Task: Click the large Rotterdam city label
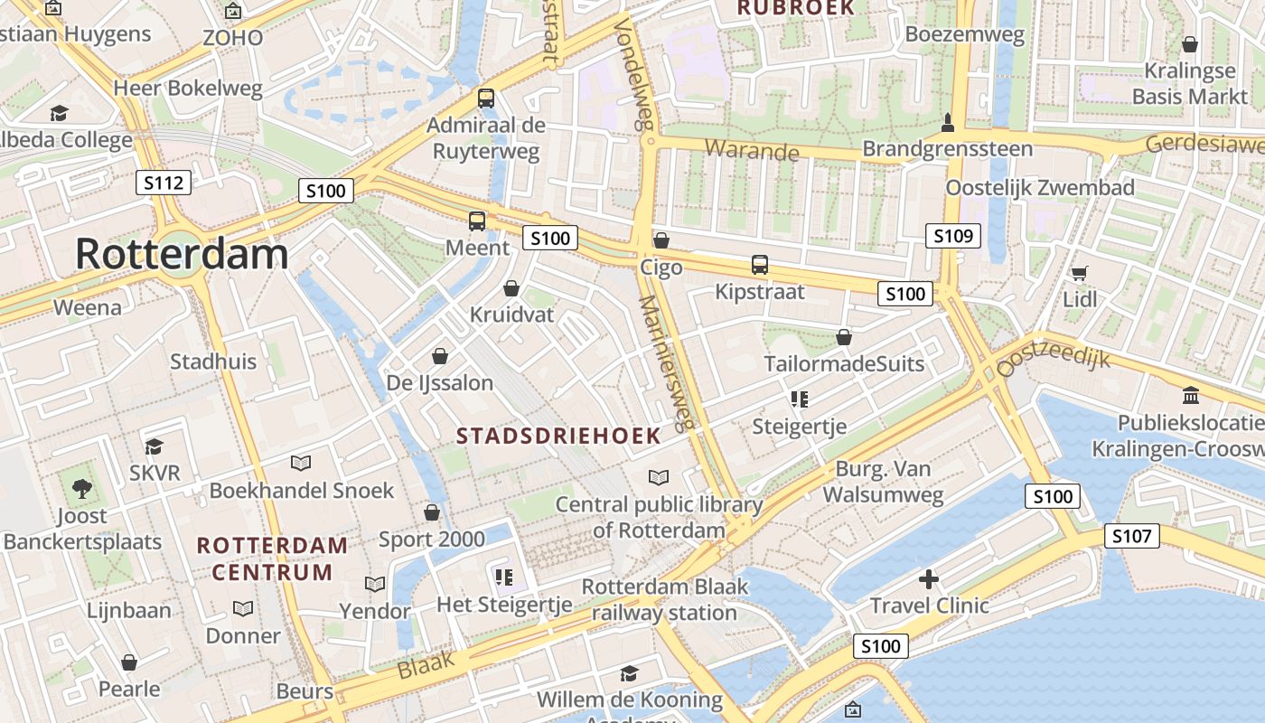(x=182, y=254)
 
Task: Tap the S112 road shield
(x=164, y=183)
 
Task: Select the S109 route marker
(x=953, y=237)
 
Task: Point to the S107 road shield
(x=1131, y=537)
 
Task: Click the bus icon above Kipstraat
(x=760, y=265)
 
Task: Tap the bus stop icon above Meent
(x=476, y=221)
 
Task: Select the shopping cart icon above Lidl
(x=1079, y=273)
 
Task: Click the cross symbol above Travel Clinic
(x=929, y=579)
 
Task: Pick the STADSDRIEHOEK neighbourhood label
(x=558, y=436)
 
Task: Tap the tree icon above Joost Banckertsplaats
(x=82, y=489)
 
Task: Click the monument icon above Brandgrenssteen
(x=947, y=122)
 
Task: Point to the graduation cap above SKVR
(x=155, y=446)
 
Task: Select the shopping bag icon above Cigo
(x=661, y=240)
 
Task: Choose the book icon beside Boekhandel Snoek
(x=301, y=463)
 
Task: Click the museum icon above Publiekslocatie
(x=1190, y=396)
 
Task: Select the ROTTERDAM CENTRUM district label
(x=272, y=559)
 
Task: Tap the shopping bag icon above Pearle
(x=129, y=662)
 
